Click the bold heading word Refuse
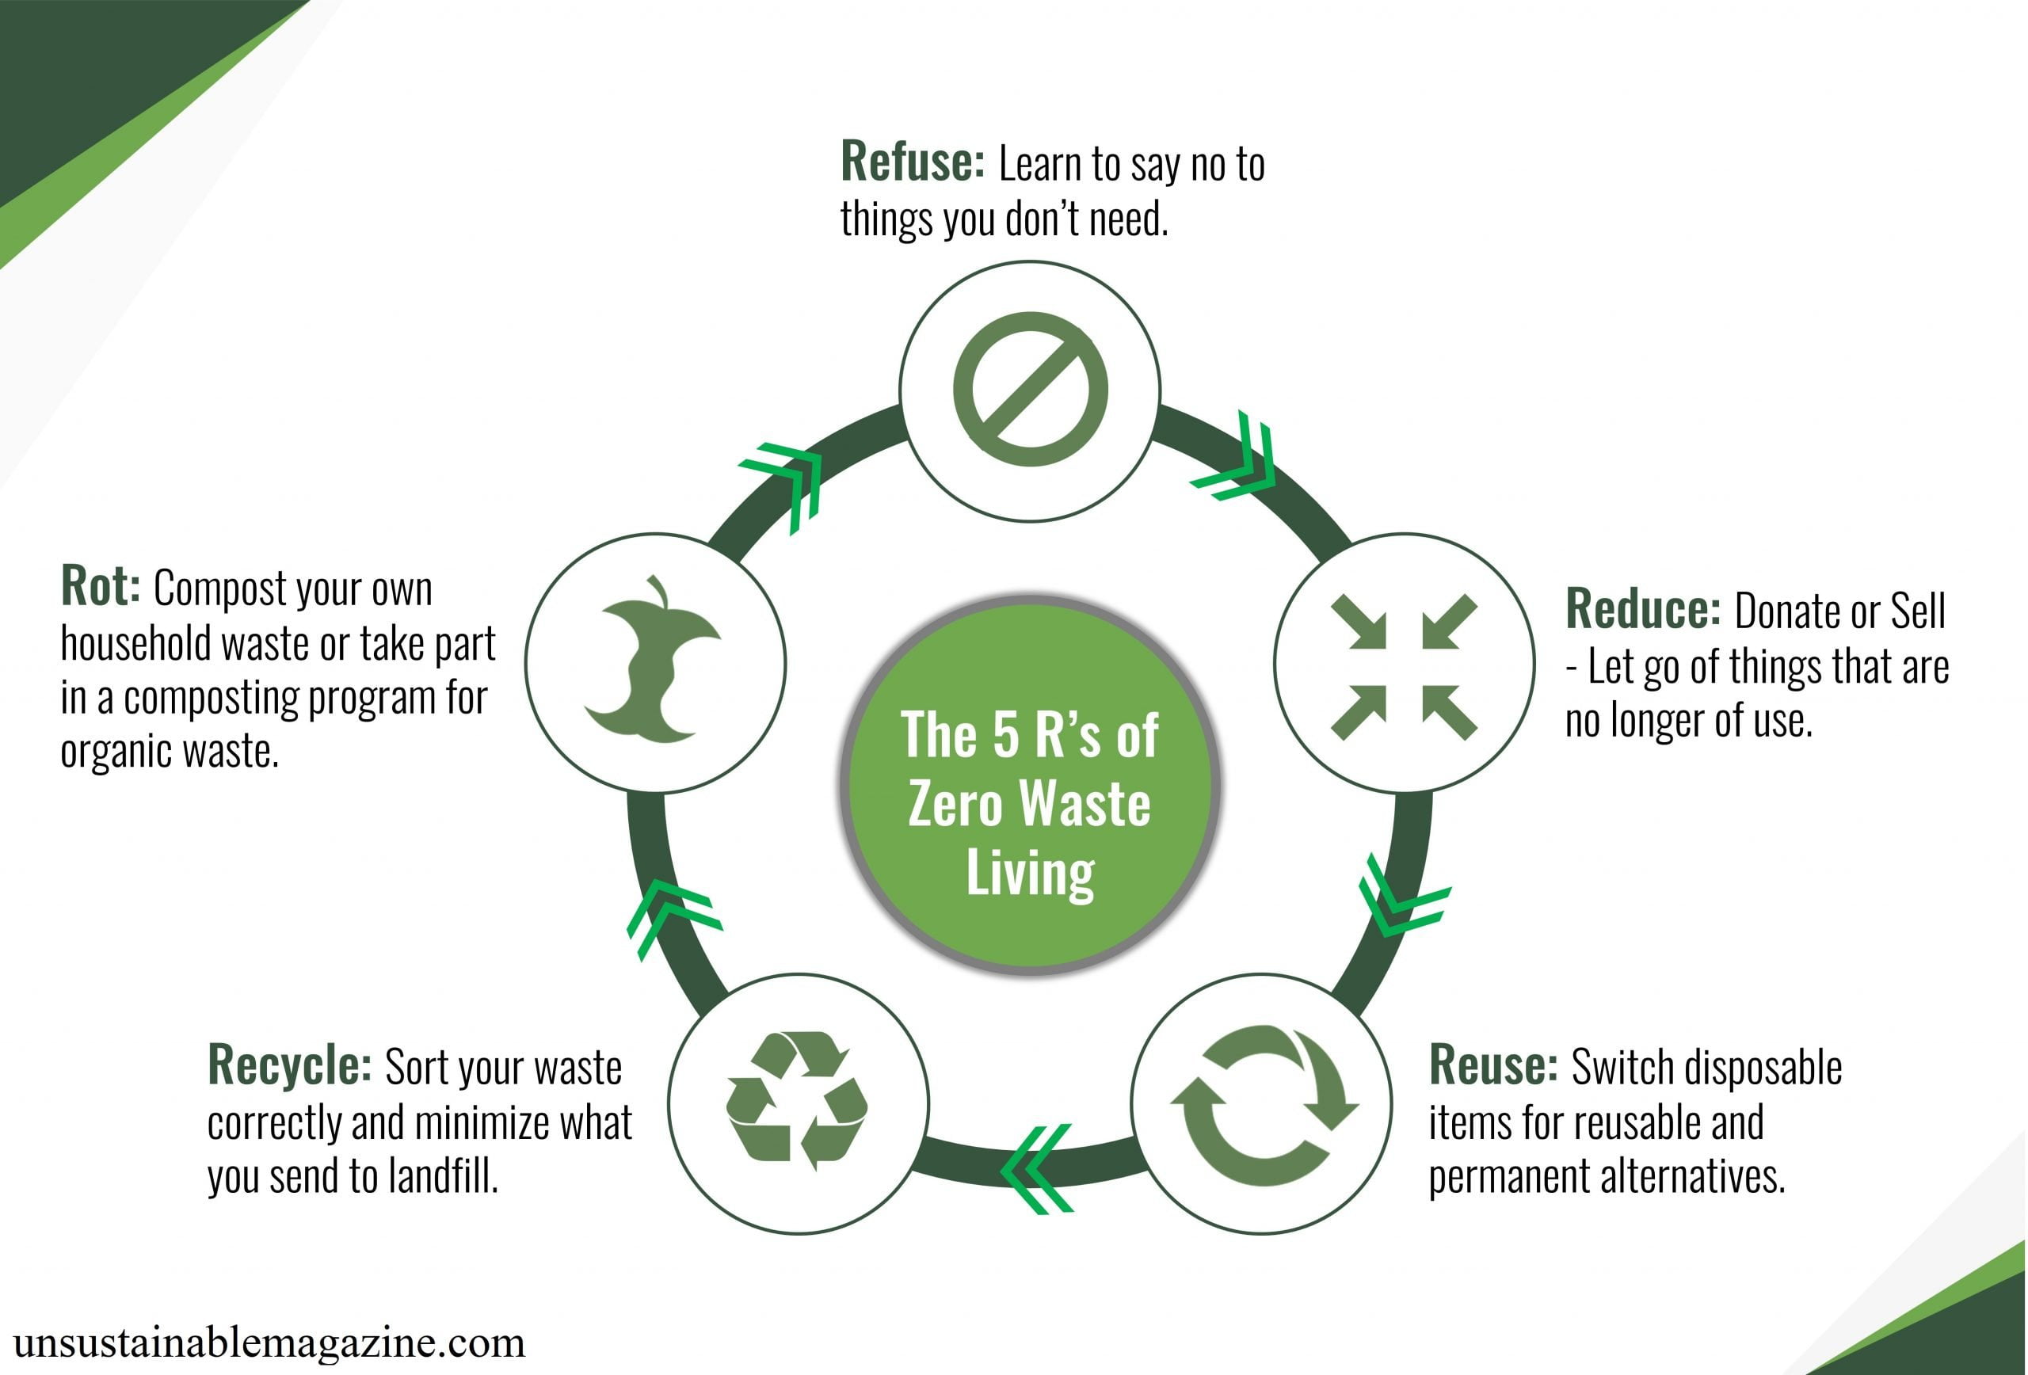(912, 162)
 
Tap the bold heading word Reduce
(1642, 609)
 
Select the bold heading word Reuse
(1493, 1065)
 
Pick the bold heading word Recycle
(290, 1066)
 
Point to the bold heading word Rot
(101, 586)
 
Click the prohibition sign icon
(1030, 389)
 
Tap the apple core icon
(653, 661)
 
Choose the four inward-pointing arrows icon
(1403, 667)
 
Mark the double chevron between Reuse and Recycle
(1037, 1169)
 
